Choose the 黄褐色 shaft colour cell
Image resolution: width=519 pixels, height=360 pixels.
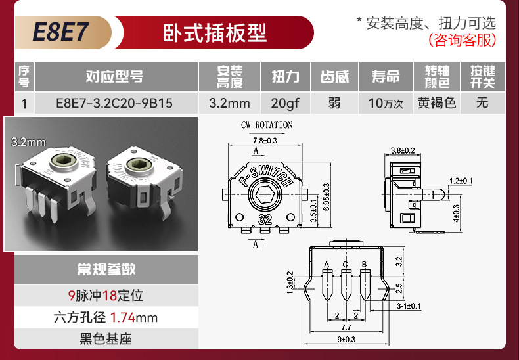coord(436,103)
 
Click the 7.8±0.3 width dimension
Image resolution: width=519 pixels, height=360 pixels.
coord(264,141)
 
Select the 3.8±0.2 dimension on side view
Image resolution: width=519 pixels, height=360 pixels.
coord(402,150)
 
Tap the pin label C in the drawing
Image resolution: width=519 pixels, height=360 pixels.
coord(345,264)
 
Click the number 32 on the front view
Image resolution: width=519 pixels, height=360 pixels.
coord(265,219)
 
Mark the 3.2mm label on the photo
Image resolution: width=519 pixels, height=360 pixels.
coord(28,141)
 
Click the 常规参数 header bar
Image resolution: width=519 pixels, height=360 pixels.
coord(106,269)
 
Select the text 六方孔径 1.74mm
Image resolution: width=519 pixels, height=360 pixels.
coord(106,317)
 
